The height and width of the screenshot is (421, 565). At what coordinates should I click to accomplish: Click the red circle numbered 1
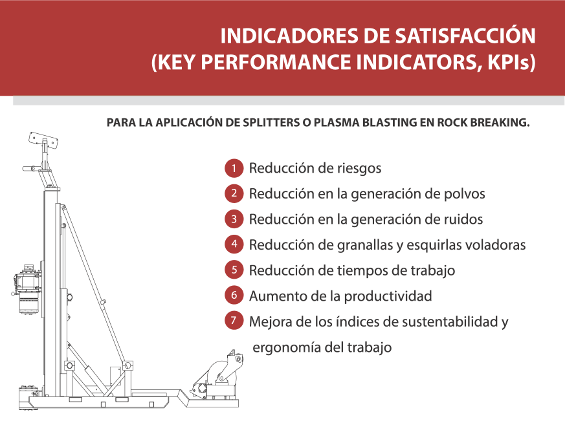click(x=234, y=168)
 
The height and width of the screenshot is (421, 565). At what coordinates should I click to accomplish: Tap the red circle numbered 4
click(x=234, y=244)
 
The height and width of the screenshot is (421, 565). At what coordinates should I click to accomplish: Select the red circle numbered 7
click(x=234, y=321)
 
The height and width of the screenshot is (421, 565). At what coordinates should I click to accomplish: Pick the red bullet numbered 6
click(x=234, y=296)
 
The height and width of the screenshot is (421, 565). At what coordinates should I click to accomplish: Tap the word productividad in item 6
click(x=388, y=296)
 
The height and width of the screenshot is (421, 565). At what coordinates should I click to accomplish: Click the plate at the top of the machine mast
click(x=43, y=140)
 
